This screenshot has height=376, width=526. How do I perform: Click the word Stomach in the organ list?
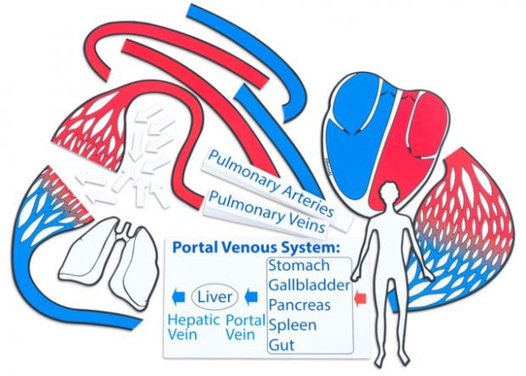point(299,266)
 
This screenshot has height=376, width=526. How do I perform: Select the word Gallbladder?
point(310,285)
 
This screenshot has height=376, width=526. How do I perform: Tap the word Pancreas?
point(299,305)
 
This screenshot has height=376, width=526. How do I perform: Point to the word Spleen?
point(293,325)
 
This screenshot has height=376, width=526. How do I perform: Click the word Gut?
point(282,345)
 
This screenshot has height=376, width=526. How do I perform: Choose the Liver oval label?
point(215,297)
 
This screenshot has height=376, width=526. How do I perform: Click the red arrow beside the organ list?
point(361,297)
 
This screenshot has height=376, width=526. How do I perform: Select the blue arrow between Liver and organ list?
point(251,296)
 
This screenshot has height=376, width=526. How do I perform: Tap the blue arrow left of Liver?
point(178,296)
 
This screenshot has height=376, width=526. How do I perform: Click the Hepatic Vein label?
point(193,327)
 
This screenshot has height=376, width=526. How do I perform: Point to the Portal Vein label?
point(245,327)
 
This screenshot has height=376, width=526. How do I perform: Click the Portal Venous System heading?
point(256,247)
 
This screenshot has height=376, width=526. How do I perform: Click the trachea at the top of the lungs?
point(125,230)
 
